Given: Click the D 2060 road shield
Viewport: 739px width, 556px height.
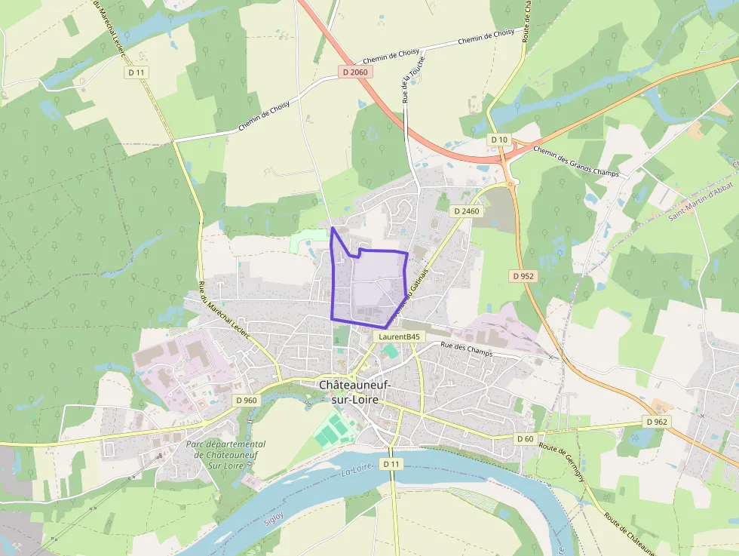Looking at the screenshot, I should [x=354, y=72].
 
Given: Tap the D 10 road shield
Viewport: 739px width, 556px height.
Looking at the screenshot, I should [x=499, y=140].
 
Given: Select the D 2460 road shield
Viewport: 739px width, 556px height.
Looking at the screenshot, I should [x=466, y=211].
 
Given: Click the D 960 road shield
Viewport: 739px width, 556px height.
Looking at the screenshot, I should [x=246, y=400].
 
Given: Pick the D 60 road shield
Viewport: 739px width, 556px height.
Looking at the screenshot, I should [x=525, y=438].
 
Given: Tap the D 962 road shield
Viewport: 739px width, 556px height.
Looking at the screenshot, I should [x=656, y=421].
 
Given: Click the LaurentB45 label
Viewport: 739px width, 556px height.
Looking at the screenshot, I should [x=399, y=336].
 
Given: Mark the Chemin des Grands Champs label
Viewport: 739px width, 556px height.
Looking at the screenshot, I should [x=575, y=161].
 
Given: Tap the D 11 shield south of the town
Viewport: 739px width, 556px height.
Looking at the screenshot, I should [x=390, y=464].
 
